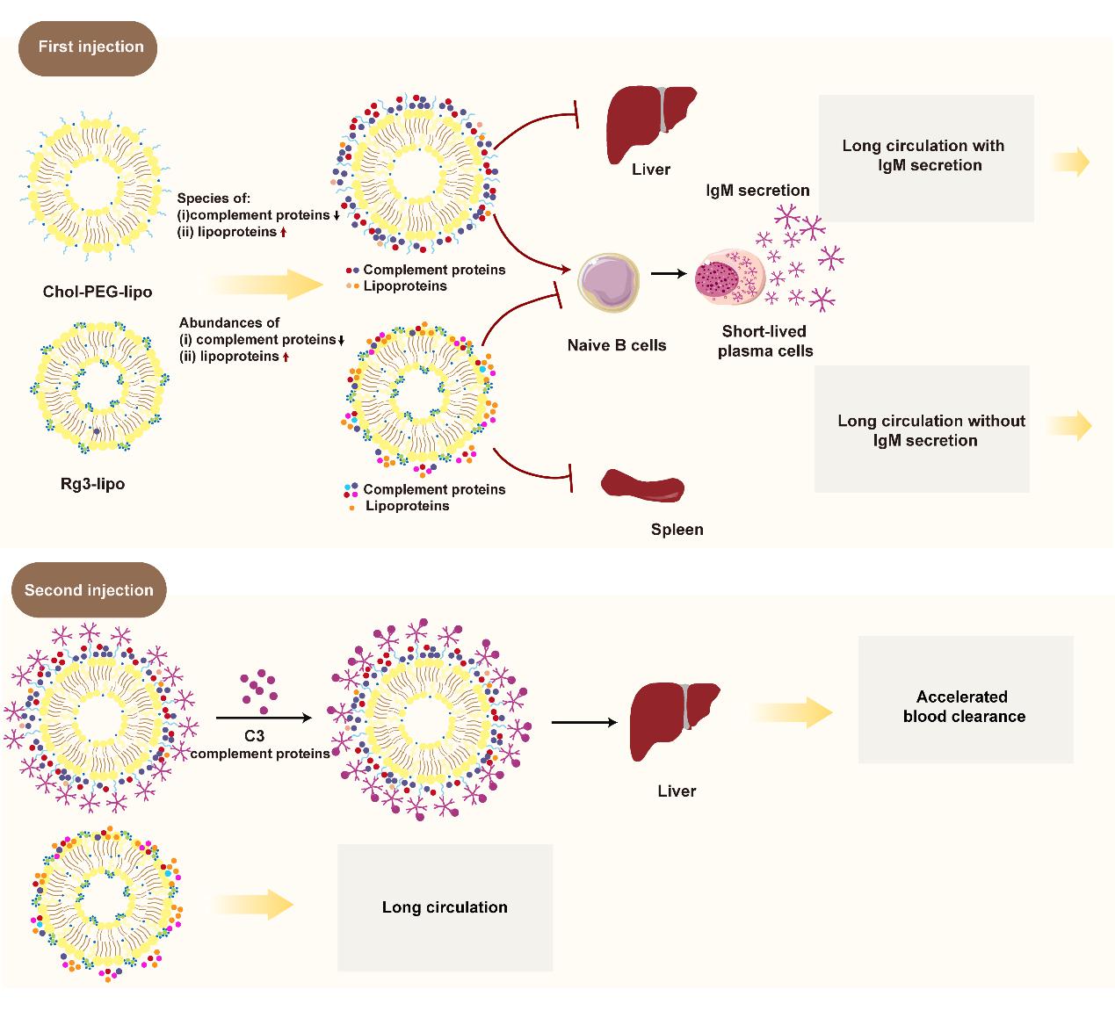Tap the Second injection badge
coord(89,590)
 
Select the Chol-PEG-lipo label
coord(97,291)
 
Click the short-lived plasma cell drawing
coord(730,278)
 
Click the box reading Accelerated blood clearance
coord(965,699)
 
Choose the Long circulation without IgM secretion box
coord(922,429)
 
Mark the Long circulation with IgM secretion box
coord(926,158)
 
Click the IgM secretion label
coord(757,191)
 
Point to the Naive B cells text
coord(616,345)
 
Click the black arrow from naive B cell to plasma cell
coord(670,273)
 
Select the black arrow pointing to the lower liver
coord(583,722)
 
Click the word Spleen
coord(677,530)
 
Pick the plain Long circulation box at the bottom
coord(445,907)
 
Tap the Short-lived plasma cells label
coord(765,341)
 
